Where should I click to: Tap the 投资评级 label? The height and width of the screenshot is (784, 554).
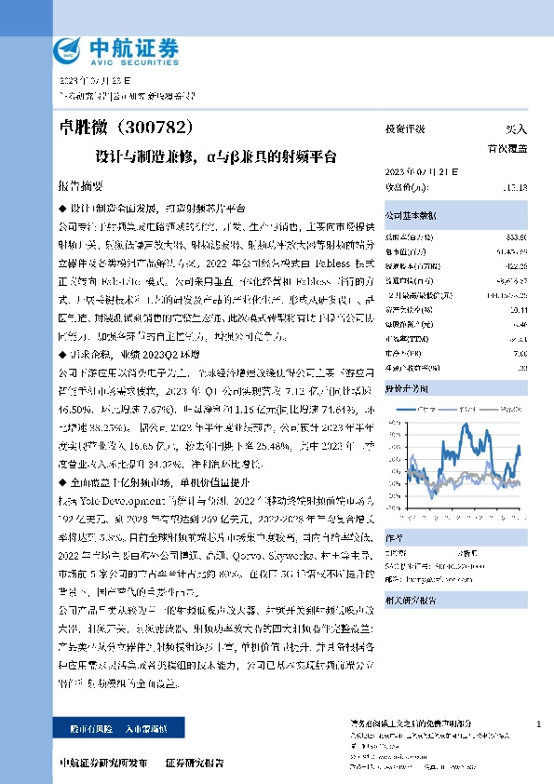pos(405,129)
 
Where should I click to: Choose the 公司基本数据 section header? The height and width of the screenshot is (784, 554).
pos(412,213)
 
